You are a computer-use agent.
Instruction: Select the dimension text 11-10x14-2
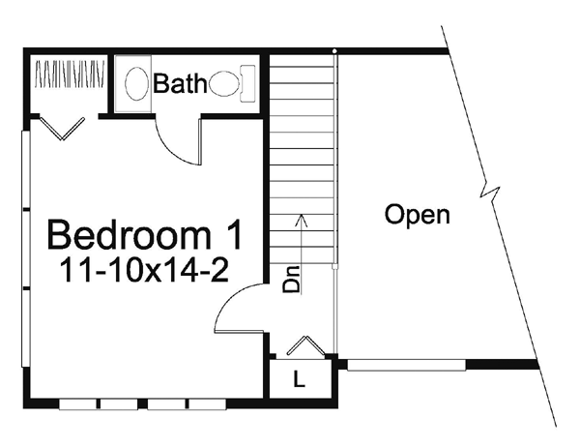coord(144,270)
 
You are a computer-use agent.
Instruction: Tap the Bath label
coord(179,84)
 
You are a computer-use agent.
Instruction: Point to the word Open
coord(417,214)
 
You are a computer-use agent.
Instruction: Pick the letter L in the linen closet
coord(299,380)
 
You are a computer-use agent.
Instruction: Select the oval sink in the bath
coord(137,82)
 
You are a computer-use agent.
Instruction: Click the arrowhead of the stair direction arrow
coord(302,219)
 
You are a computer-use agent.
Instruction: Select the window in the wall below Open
coord(406,365)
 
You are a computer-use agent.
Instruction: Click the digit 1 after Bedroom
coord(229,236)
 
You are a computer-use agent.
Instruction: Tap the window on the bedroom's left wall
coord(26,247)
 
